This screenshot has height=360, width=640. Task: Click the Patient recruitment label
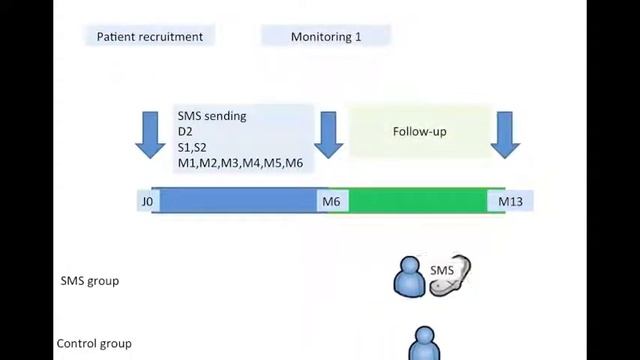pyautogui.click(x=149, y=37)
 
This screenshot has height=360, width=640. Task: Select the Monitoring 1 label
pyautogui.click(x=326, y=37)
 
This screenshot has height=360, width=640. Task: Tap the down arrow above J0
pyautogui.click(x=150, y=134)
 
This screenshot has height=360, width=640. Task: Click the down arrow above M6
pyautogui.click(x=329, y=134)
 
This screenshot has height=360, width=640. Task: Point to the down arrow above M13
pyautogui.click(x=505, y=134)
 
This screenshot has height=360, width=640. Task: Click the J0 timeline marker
pyautogui.click(x=147, y=202)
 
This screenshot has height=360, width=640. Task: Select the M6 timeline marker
pyautogui.click(x=330, y=202)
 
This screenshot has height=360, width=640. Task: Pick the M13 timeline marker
pyautogui.click(x=510, y=202)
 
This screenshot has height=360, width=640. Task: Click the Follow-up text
pyautogui.click(x=419, y=131)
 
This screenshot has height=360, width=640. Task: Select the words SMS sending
pyautogui.click(x=212, y=116)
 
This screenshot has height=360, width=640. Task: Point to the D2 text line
pyautogui.click(x=185, y=132)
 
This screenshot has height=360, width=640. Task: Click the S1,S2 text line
pyautogui.click(x=192, y=147)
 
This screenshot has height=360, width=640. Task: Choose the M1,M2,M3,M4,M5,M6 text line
pyautogui.click(x=240, y=163)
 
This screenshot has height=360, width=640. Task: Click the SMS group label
pyautogui.click(x=89, y=281)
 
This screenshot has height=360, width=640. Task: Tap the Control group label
pyautogui.click(x=93, y=344)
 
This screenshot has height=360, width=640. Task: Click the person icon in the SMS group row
pyautogui.click(x=410, y=279)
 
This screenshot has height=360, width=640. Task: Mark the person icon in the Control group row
pyautogui.click(x=425, y=345)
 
